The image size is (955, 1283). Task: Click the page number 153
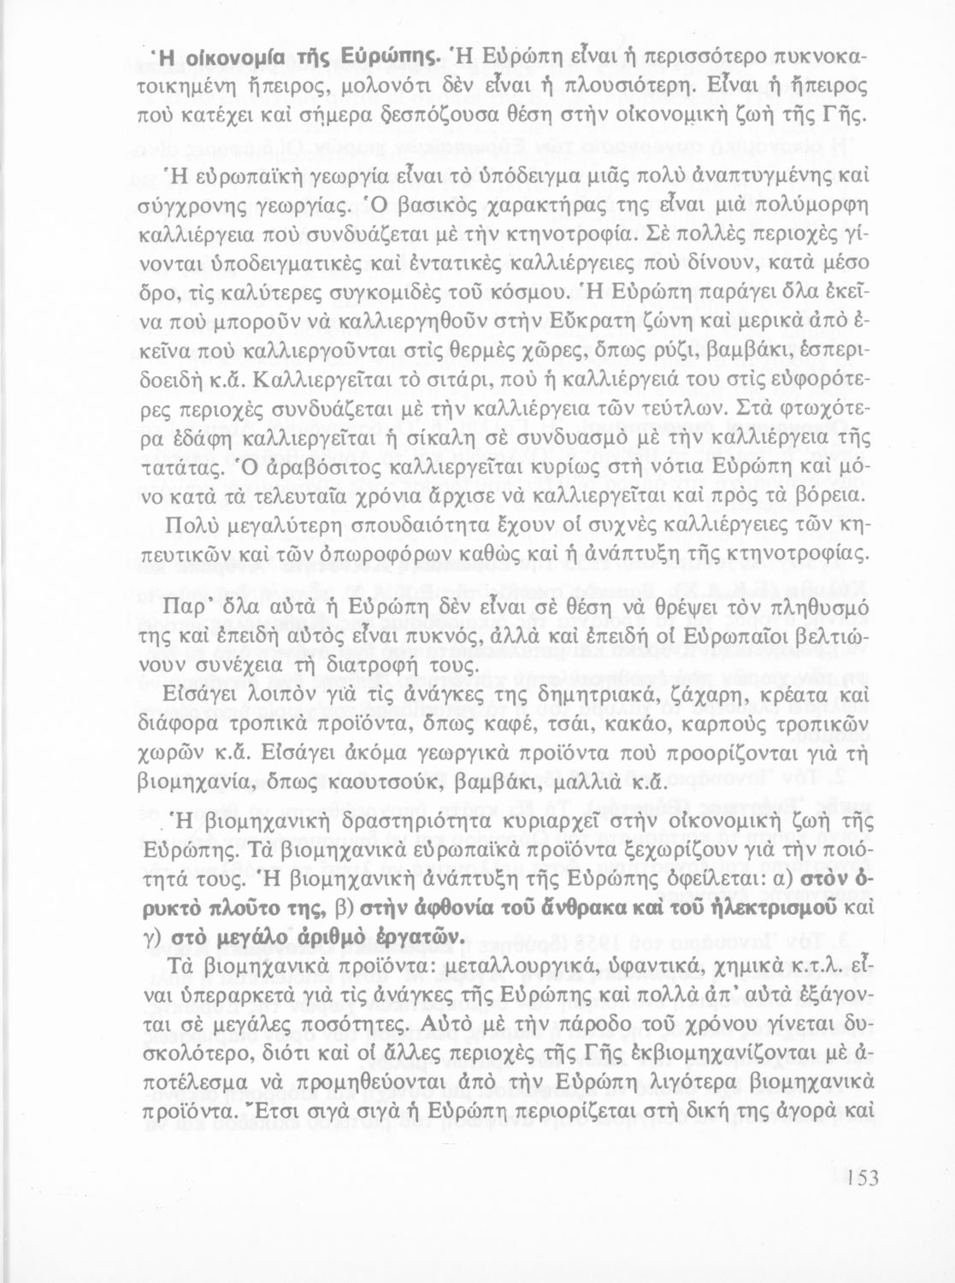pos(858,1178)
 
